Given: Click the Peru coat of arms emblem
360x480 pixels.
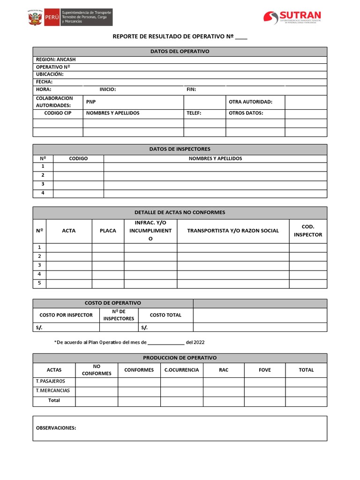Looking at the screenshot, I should pos(35,18).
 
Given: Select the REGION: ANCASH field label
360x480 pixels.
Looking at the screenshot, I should pos(56,60).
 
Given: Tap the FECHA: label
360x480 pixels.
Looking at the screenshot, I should pos(44,82).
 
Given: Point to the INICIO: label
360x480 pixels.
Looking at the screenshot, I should pos(107,89).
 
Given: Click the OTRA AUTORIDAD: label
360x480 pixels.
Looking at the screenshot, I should pos(250,102).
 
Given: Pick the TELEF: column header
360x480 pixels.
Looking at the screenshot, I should pos(194,113).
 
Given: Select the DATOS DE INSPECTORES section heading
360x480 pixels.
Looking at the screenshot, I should pos(180,149).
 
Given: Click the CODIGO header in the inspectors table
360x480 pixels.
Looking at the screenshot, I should pos(78,158).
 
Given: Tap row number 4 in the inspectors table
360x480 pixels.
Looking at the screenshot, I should pos(43,193).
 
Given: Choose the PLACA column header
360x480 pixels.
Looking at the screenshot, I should pos(108,231).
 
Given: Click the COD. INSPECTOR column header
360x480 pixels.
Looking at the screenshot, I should pos(307,231).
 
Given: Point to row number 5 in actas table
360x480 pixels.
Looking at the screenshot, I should pos(39,283).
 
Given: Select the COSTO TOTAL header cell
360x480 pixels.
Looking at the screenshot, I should pos(165,315).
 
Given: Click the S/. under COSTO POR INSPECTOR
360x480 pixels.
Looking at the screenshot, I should pos(39,327).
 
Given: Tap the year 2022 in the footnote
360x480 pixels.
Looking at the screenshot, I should pos(199,342).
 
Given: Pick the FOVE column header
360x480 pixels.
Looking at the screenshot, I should pos(264,370).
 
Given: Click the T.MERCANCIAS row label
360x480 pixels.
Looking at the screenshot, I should pos(53,390).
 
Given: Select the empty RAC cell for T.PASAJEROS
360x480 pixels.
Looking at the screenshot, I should pos(223,382).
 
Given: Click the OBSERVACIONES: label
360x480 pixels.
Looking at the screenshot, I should pos(56,427).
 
